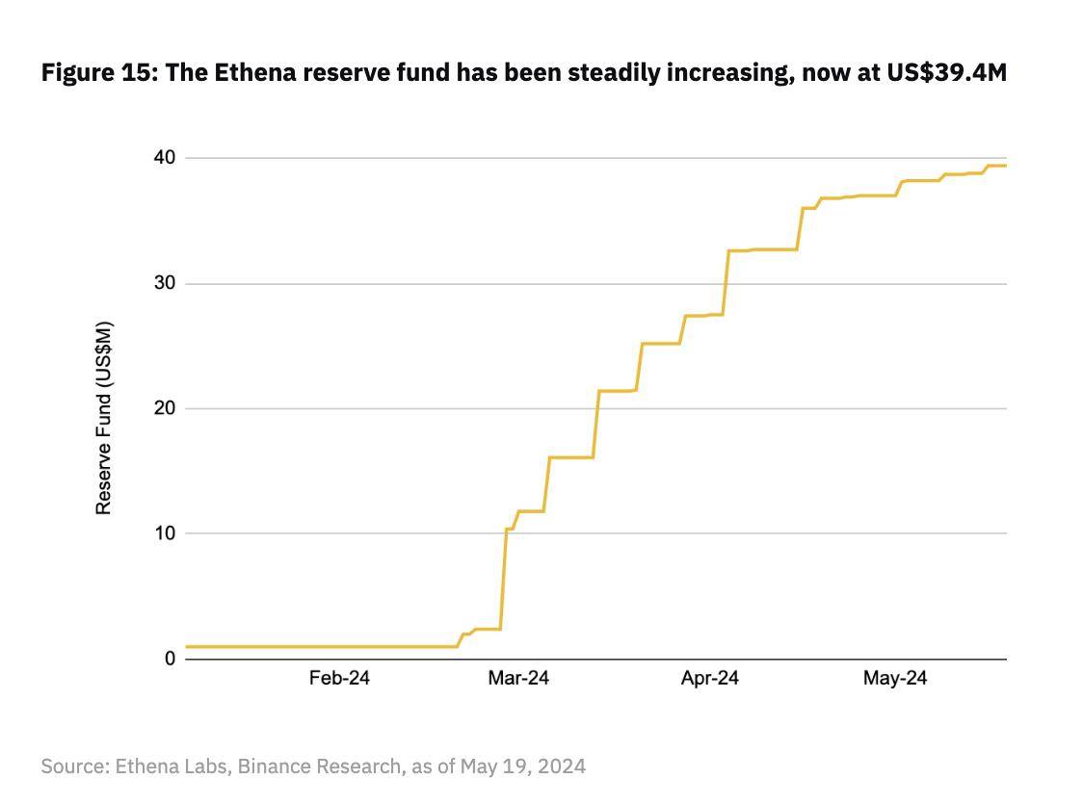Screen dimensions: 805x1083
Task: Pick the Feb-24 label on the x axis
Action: (339, 679)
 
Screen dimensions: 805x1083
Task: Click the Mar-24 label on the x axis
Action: (518, 679)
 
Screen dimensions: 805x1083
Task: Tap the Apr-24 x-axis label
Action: (709, 679)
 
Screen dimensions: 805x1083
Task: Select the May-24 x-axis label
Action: (895, 679)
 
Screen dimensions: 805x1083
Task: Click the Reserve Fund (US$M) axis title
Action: (104, 418)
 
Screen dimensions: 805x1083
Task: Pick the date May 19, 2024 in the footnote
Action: (522, 766)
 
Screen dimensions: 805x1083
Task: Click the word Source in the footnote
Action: (72, 766)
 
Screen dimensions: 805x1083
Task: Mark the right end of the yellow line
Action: (1005, 166)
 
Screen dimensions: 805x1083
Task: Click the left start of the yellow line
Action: (187, 646)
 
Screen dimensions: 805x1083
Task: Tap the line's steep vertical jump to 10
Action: (503, 578)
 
